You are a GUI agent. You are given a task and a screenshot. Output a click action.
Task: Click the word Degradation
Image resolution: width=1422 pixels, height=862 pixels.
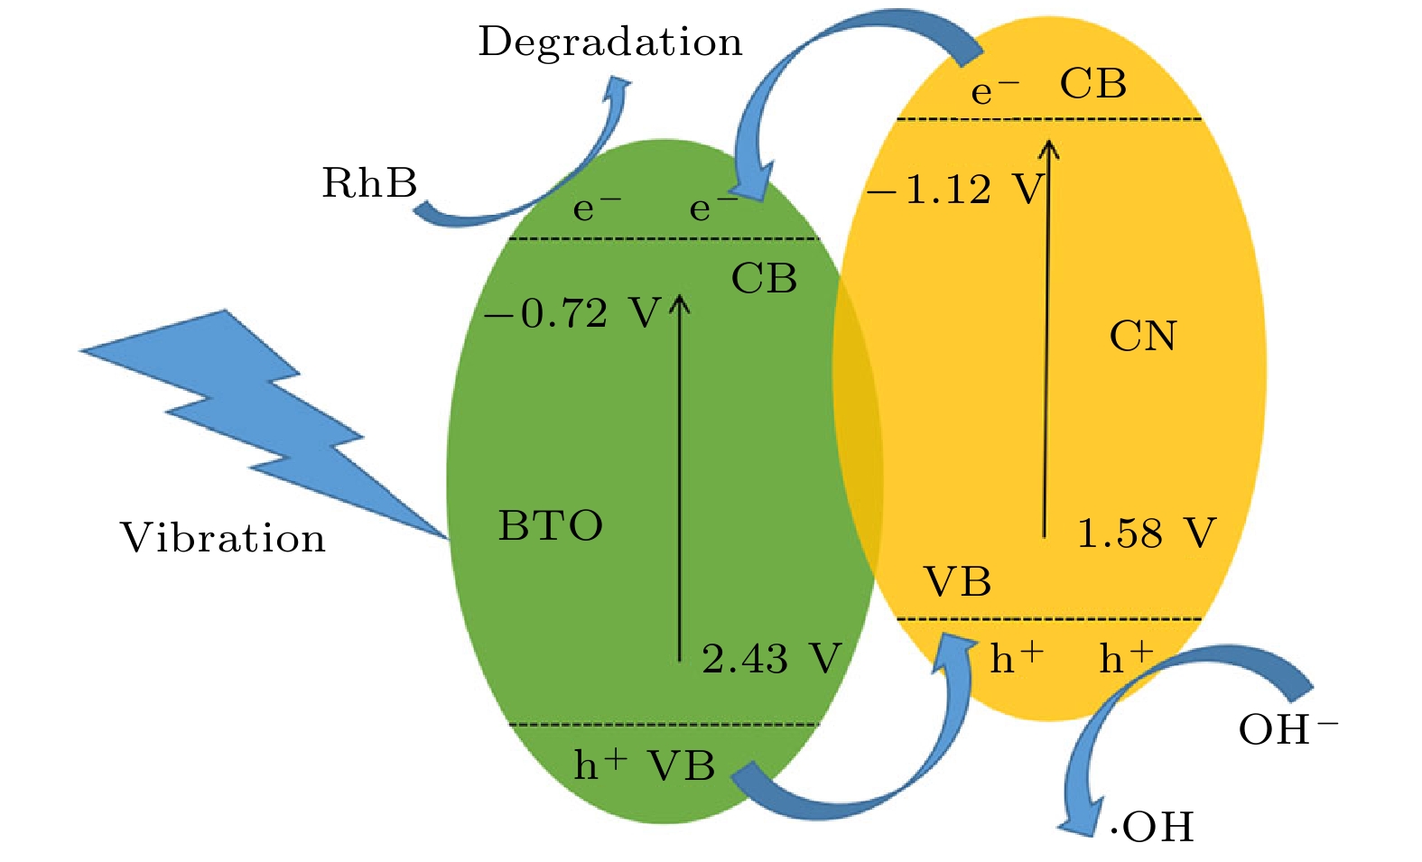pyautogui.click(x=609, y=42)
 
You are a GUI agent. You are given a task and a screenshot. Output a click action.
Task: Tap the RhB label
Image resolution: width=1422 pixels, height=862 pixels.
pyautogui.click(x=370, y=183)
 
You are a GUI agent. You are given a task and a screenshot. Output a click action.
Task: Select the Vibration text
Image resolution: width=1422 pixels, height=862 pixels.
pyautogui.click(x=223, y=538)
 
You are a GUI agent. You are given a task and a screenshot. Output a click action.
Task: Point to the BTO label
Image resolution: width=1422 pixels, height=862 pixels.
pyautogui.click(x=551, y=525)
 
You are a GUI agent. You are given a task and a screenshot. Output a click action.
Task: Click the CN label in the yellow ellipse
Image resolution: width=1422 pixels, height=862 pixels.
pyautogui.click(x=1143, y=337)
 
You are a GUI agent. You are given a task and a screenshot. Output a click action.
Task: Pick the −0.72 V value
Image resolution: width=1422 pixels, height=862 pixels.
pyautogui.click(x=572, y=314)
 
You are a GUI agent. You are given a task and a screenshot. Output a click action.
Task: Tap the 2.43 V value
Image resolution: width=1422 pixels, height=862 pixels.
pyautogui.click(x=771, y=659)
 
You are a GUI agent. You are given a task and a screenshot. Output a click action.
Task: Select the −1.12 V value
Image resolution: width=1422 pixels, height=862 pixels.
pyautogui.click(x=955, y=190)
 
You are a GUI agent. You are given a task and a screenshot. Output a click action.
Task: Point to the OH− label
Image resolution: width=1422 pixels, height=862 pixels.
pyautogui.click(x=1287, y=729)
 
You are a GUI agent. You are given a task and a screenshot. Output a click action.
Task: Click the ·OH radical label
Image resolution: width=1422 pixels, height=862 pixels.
pyautogui.click(x=1152, y=827)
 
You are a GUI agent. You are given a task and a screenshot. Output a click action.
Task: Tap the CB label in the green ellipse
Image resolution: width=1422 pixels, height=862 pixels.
pyautogui.click(x=764, y=279)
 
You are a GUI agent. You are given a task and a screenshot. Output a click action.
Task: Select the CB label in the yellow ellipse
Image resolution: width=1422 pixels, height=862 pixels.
pyautogui.click(x=1093, y=84)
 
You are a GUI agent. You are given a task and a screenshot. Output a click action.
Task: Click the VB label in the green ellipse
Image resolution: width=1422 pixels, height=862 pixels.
pyautogui.click(x=683, y=766)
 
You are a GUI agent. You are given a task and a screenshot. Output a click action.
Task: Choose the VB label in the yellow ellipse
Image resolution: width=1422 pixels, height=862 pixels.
pyautogui.click(x=957, y=582)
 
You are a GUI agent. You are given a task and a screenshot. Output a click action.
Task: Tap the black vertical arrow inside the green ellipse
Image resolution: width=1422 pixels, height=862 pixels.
pyautogui.click(x=680, y=478)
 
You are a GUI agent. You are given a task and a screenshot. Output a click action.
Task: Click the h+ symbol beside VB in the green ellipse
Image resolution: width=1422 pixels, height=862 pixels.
pyautogui.click(x=599, y=765)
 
